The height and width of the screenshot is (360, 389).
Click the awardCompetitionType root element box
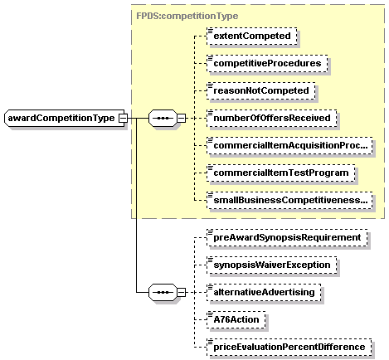coord(61,118)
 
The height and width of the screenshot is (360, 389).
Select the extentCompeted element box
coord(250,36)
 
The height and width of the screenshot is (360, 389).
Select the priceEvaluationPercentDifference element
coord(288,347)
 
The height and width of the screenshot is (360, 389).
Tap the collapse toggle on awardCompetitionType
coord(123,118)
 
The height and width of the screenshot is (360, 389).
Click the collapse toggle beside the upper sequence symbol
coord(181,118)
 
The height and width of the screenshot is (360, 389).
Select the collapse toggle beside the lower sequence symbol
coord(181,292)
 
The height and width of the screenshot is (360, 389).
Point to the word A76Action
coord(237,319)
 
